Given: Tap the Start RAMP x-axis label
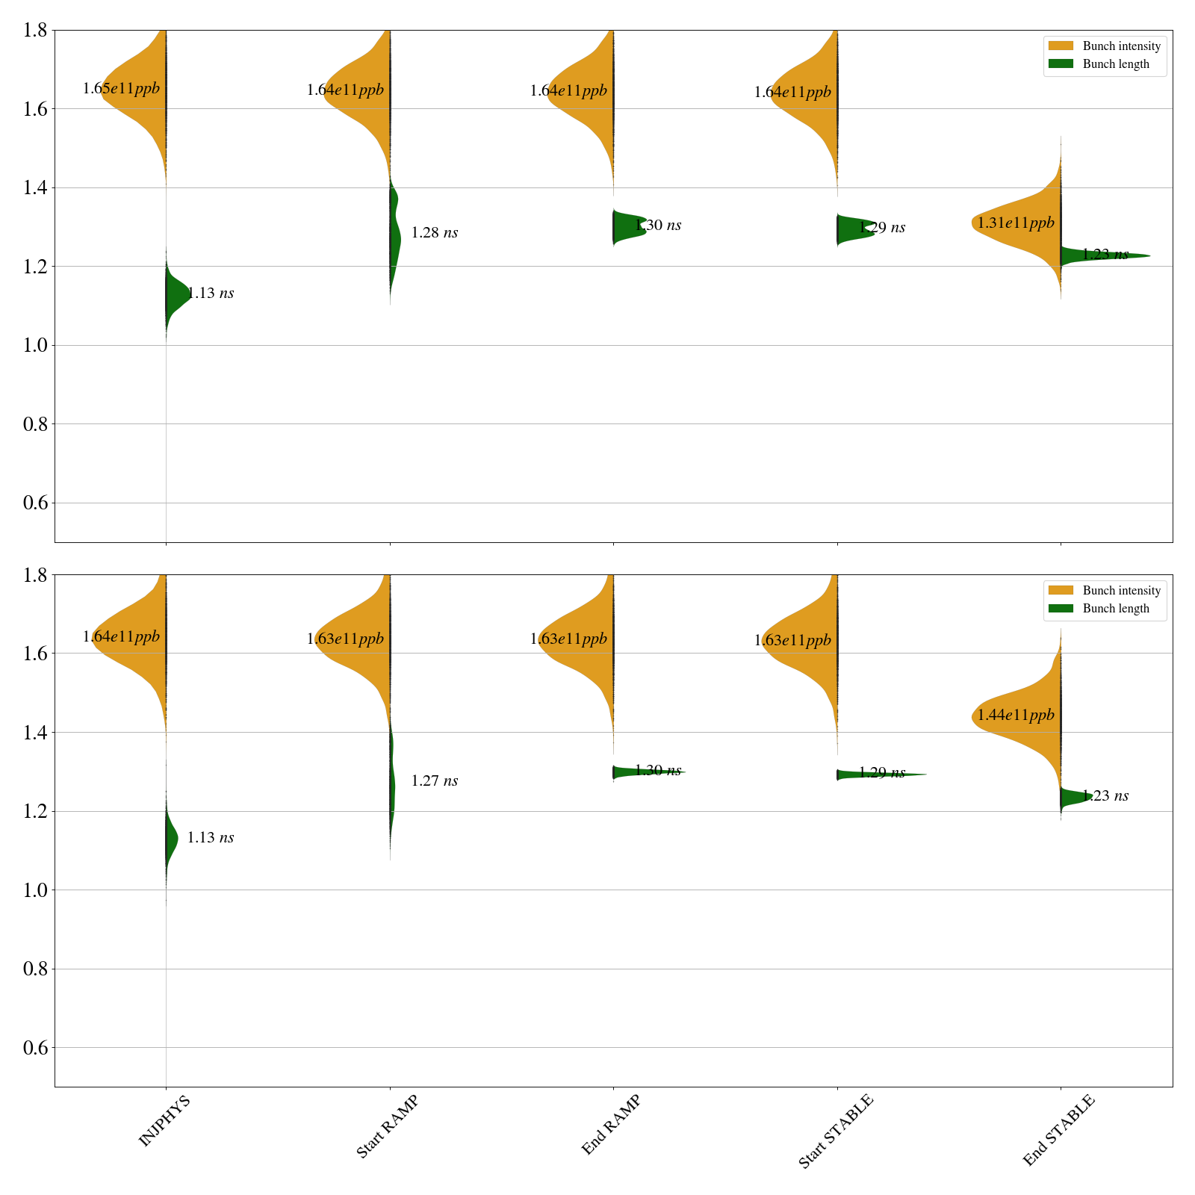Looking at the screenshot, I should [387, 1126].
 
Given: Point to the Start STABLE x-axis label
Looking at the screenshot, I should [835, 1132].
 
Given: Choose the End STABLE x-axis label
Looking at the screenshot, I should [1058, 1130].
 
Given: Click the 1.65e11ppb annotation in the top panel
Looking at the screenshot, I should [121, 89].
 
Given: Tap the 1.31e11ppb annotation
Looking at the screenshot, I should [1016, 223].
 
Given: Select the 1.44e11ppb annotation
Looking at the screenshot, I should [1016, 715].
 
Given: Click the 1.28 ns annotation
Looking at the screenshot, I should [435, 233].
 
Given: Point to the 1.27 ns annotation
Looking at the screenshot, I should [435, 781].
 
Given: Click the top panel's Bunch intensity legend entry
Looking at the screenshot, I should [1121, 46].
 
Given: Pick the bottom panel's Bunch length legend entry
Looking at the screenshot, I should [1116, 609].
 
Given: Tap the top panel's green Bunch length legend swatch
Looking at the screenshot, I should [1061, 64].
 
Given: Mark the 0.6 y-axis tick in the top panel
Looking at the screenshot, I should [36, 503].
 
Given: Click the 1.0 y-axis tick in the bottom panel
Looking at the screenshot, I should [36, 890].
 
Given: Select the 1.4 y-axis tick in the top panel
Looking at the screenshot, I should [36, 187].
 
